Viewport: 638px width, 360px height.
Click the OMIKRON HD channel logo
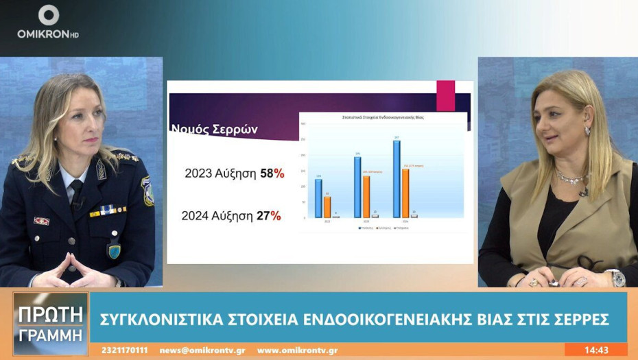pos(48,21)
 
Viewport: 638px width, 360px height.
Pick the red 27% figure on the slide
pos(269,215)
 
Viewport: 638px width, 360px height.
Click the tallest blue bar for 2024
pos(397,179)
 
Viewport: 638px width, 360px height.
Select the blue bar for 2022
pos(318,198)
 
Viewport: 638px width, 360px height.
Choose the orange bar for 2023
pos(366,197)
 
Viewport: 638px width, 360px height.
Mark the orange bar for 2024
pos(405,193)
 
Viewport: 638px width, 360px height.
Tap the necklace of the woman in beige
pos(571,178)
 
